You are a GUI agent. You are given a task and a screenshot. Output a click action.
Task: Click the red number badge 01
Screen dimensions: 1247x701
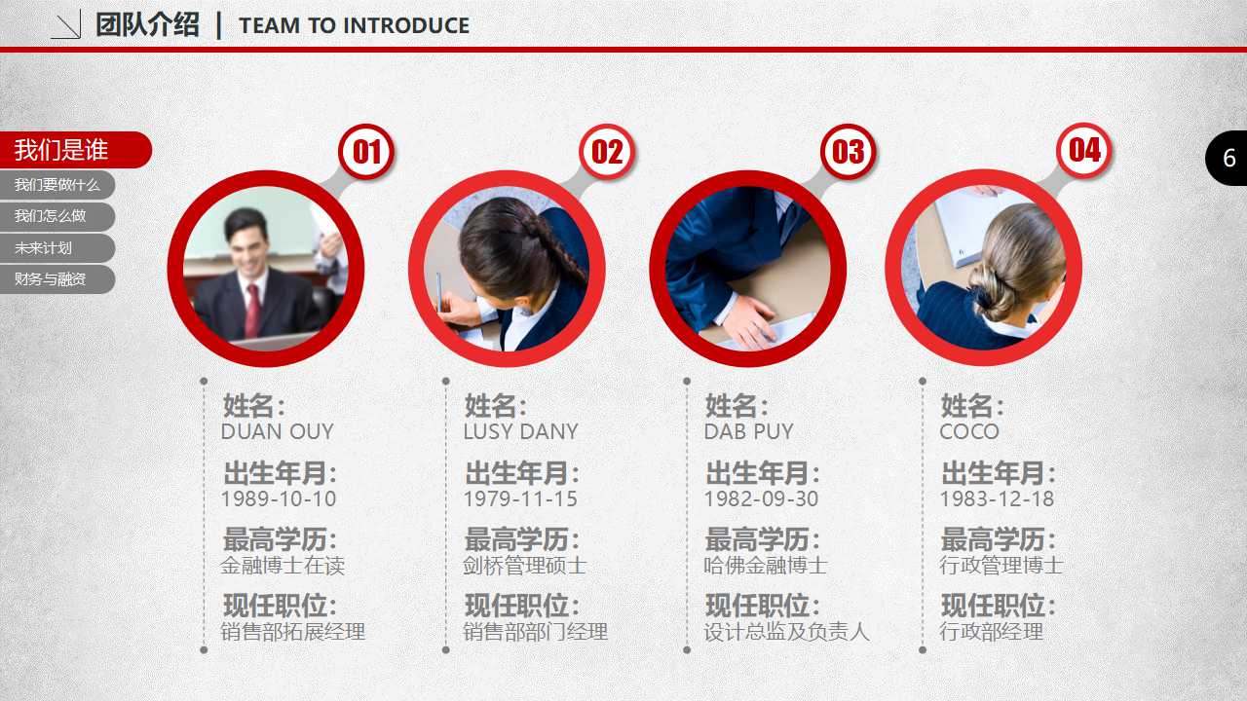pyautogui.click(x=366, y=151)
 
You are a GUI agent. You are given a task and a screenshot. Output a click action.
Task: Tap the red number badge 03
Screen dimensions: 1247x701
pyautogui.click(x=848, y=151)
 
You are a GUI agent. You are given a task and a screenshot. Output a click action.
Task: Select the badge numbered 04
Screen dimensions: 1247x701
pyautogui.click(x=1084, y=150)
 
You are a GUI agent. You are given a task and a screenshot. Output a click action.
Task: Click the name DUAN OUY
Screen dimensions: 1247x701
pyautogui.click(x=278, y=431)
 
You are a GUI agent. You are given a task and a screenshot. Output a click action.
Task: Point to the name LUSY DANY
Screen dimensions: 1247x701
pyautogui.click(x=520, y=431)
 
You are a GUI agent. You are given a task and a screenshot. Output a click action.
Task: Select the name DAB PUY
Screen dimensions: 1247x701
pyautogui.click(x=748, y=431)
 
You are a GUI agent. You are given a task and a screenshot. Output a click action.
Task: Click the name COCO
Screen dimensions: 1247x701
pyautogui.click(x=969, y=431)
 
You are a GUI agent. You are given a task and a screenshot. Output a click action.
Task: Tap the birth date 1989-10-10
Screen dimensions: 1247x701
pyautogui.click(x=279, y=499)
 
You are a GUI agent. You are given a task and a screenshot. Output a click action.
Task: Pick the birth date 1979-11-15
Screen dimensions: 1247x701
pyautogui.click(x=520, y=499)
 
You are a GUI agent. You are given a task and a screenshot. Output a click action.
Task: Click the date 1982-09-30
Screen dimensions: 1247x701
pyautogui.click(x=761, y=499)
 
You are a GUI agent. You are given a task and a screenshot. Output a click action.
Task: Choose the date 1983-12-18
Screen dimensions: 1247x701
pyautogui.click(x=997, y=499)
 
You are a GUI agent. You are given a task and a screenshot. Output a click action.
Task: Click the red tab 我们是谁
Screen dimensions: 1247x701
pyautogui.click(x=75, y=150)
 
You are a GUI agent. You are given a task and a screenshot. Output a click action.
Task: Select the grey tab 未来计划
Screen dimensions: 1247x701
pyautogui.click(x=57, y=247)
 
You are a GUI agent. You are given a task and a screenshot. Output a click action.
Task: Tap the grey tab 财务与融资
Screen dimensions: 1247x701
pyautogui.click(x=57, y=278)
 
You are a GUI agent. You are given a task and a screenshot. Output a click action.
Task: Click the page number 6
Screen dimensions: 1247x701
pyautogui.click(x=1229, y=159)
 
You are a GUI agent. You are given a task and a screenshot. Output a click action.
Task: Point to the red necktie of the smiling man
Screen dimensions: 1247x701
pyautogui.click(x=252, y=312)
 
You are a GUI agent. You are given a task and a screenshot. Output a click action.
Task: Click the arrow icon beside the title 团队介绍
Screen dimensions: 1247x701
pyautogui.click(x=66, y=24)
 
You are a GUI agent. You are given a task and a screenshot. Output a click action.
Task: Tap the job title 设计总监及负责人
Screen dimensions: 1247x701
pyautogui.click(x=786, y=632)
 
